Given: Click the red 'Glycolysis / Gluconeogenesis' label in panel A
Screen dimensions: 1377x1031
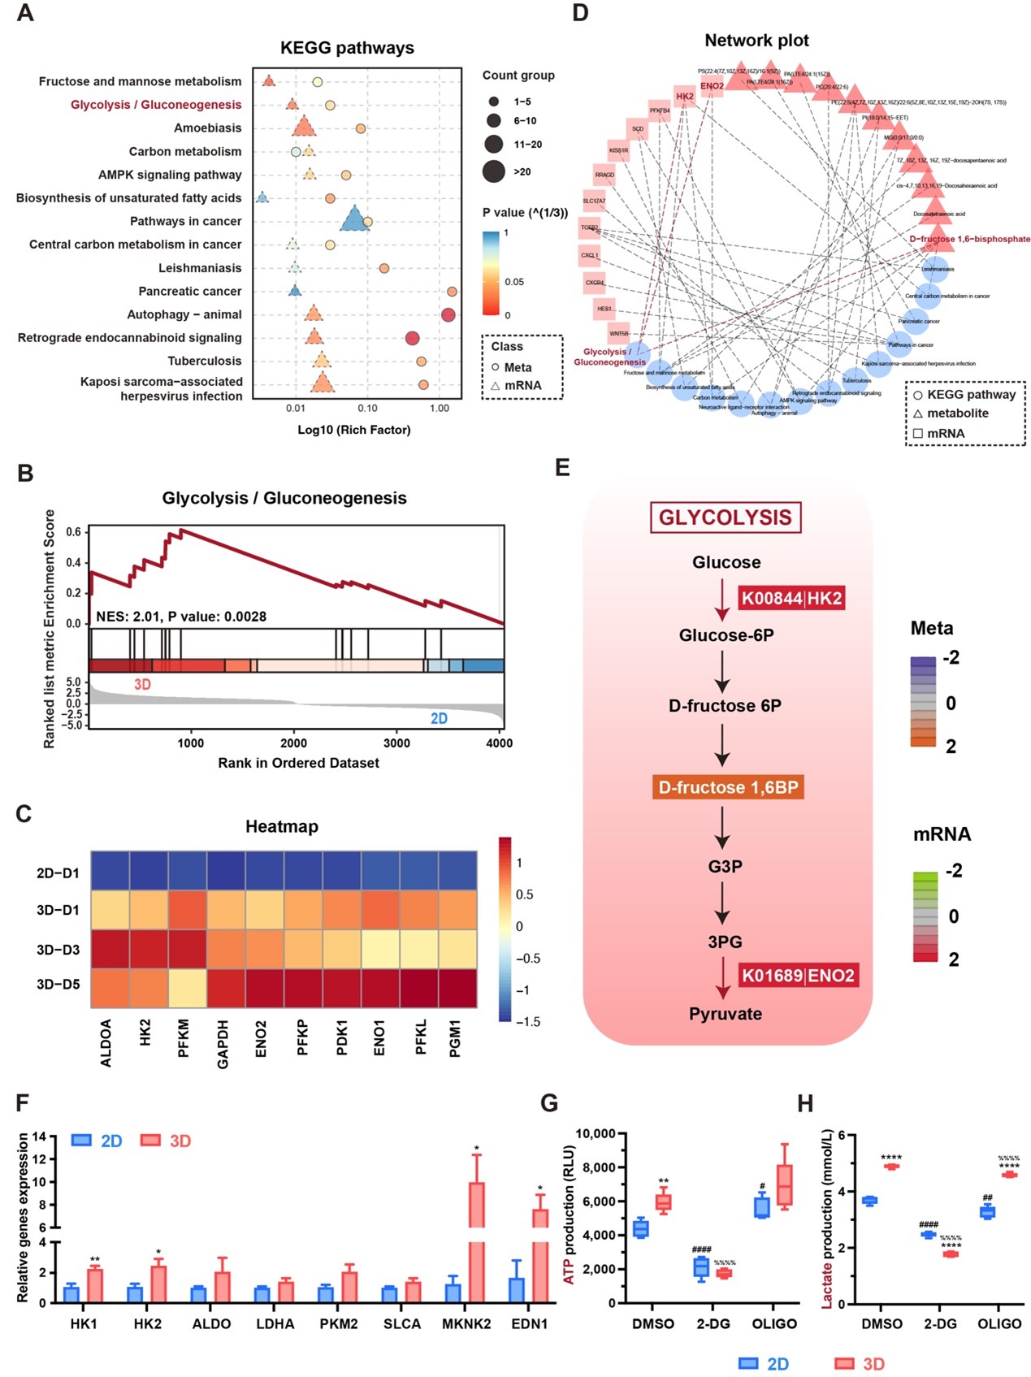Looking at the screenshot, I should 156,105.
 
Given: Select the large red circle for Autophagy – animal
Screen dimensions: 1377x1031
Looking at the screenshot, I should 448,314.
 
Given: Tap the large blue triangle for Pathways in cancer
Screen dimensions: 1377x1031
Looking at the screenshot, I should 354,219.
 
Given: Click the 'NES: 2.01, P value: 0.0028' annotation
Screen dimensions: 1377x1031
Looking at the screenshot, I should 181,617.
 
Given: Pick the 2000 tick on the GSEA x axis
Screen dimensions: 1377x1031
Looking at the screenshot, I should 294,743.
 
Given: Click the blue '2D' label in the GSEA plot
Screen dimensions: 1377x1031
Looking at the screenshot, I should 439,718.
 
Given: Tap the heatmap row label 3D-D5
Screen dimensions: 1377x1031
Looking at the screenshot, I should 58,985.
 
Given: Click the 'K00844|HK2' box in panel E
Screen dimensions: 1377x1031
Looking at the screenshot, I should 791,599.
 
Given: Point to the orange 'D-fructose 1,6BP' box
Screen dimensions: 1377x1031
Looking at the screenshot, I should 728,787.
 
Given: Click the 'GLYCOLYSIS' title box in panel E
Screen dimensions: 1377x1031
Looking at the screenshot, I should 725,517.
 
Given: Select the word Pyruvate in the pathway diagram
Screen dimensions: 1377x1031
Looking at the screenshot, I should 726,1014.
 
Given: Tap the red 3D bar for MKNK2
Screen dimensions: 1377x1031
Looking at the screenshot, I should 477,1242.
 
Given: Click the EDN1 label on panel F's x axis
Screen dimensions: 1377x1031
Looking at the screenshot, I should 530,1323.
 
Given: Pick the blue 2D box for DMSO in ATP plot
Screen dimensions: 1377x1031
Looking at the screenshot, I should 641,1228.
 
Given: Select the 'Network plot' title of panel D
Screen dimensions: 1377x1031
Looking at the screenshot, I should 756,41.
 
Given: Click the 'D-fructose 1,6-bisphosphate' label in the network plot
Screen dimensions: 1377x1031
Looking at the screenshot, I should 969,239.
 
